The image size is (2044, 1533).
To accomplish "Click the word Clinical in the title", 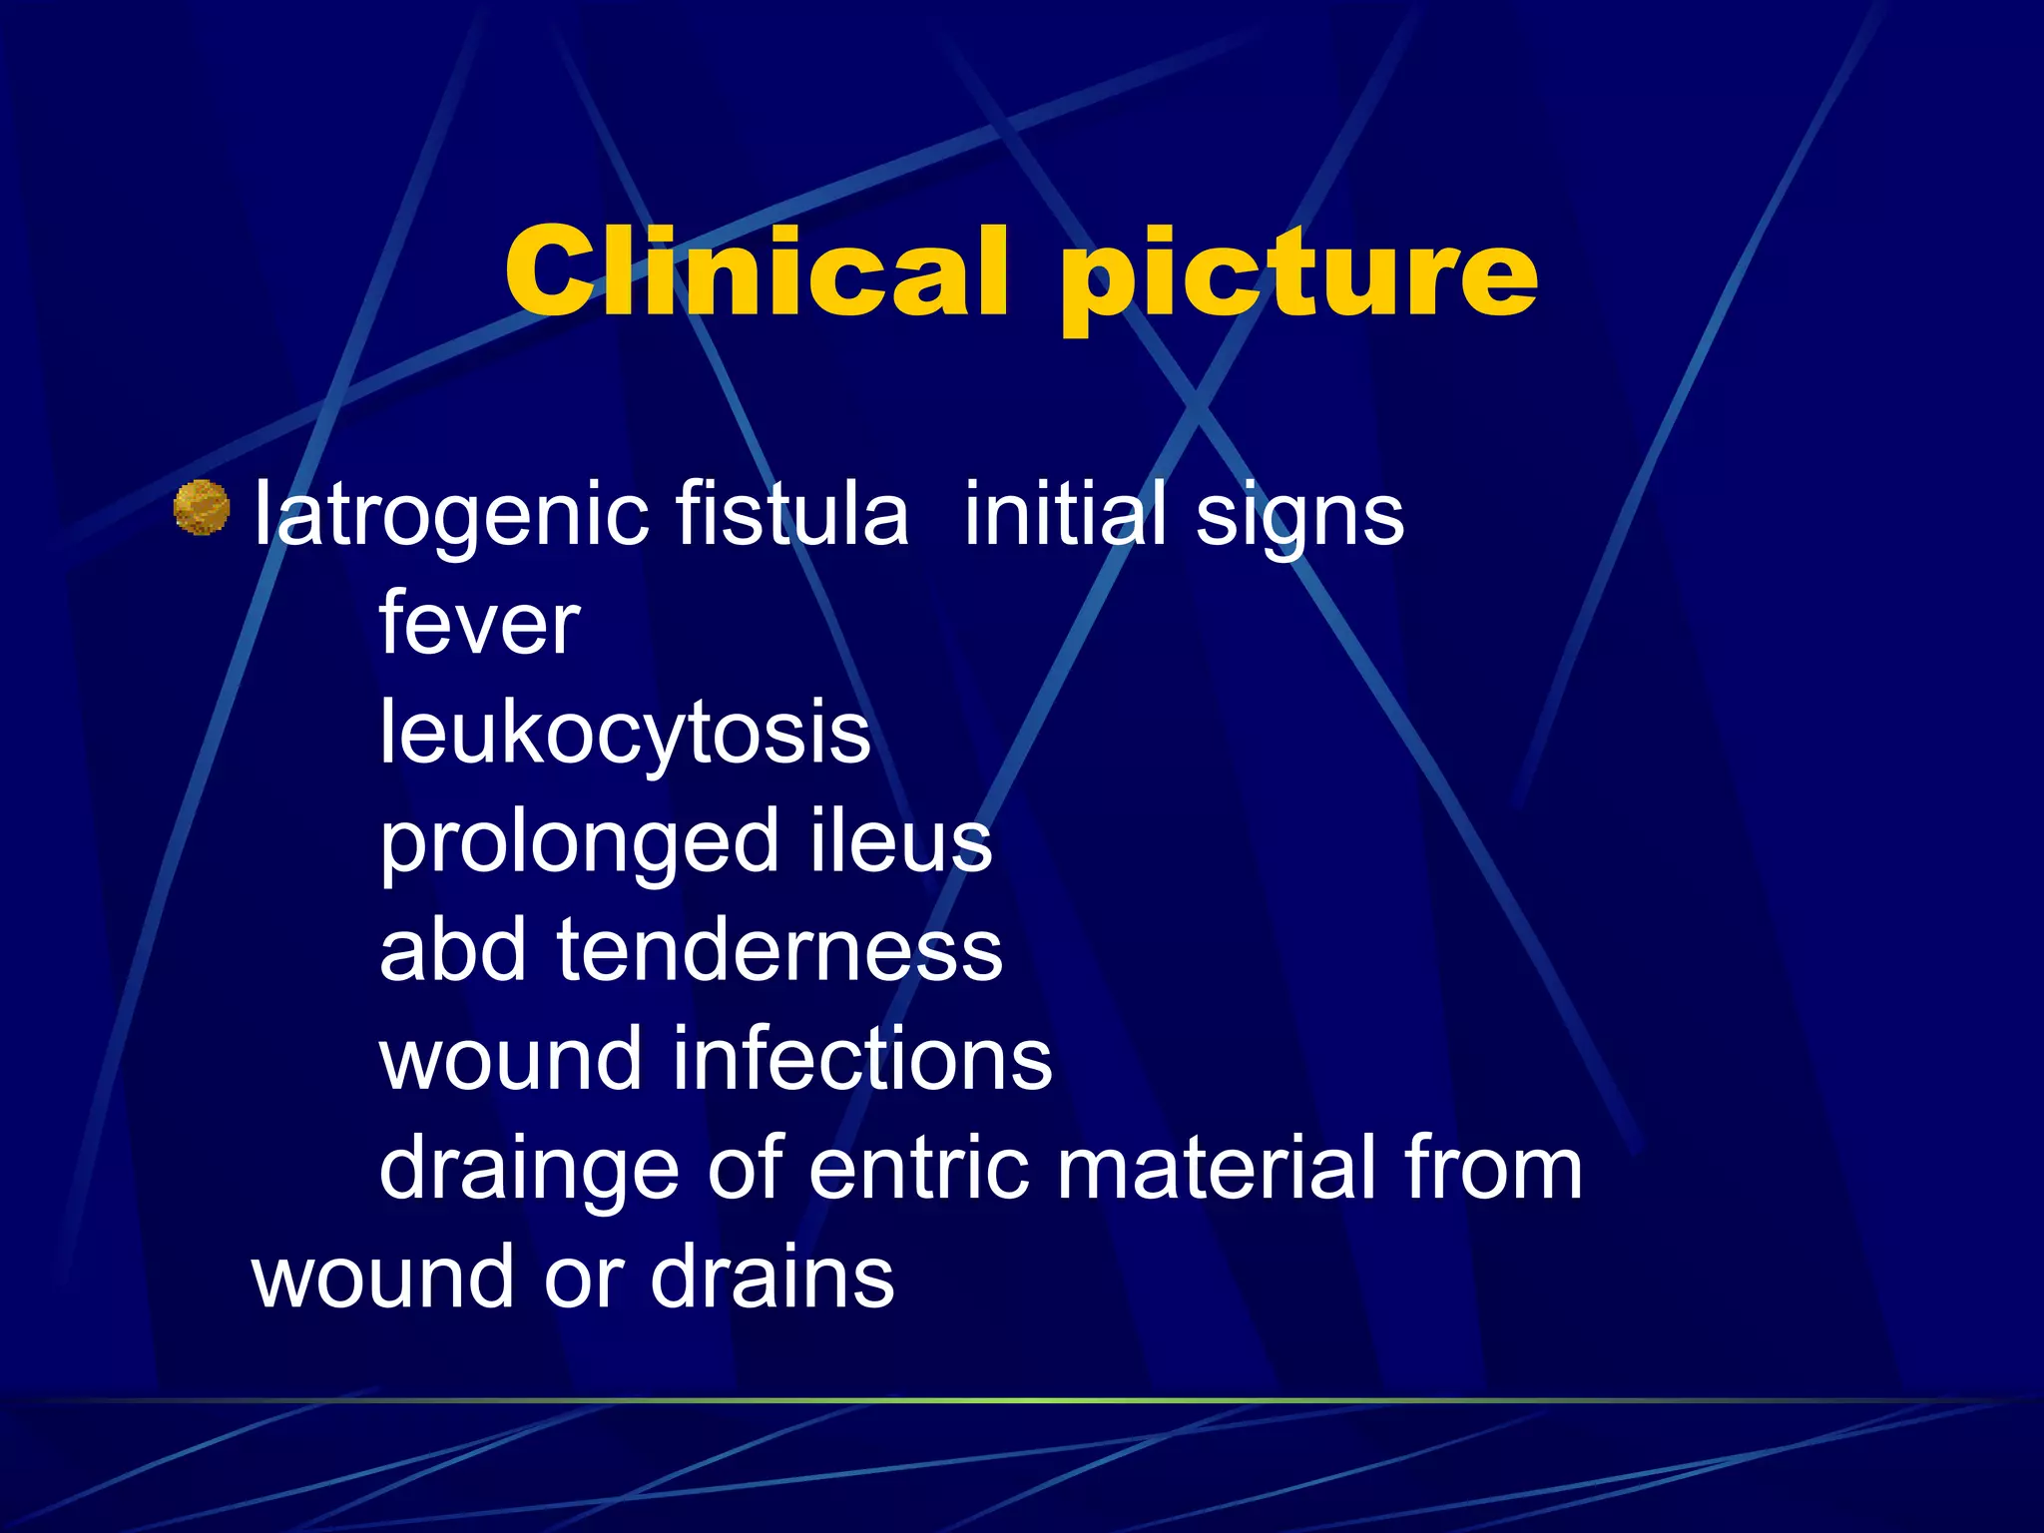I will point(756,271).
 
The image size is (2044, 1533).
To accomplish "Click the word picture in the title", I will point(1298,274).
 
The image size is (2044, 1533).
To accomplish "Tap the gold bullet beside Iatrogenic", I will point(202,508).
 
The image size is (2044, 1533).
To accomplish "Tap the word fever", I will point(479,624).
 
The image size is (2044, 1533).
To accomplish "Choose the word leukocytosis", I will point(625,734).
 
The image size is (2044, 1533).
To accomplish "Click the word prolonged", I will point(579,843).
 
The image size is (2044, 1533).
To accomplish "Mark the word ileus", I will point(901,841).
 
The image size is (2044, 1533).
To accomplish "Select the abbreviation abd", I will point(452,950).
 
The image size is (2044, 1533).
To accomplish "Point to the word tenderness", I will point(779,950).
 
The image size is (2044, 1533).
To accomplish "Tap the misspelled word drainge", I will point(529,1170).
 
